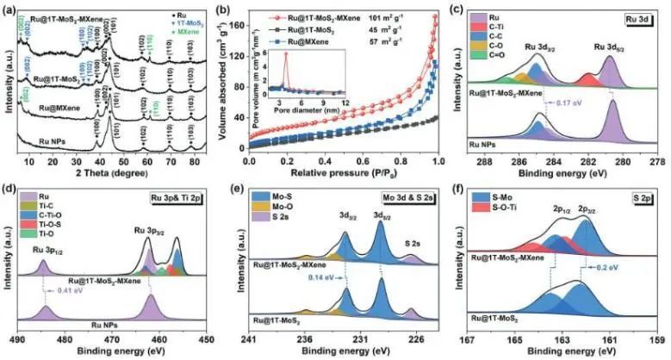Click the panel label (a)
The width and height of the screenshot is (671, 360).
11,8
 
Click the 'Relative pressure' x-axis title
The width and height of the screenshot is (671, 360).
339,170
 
